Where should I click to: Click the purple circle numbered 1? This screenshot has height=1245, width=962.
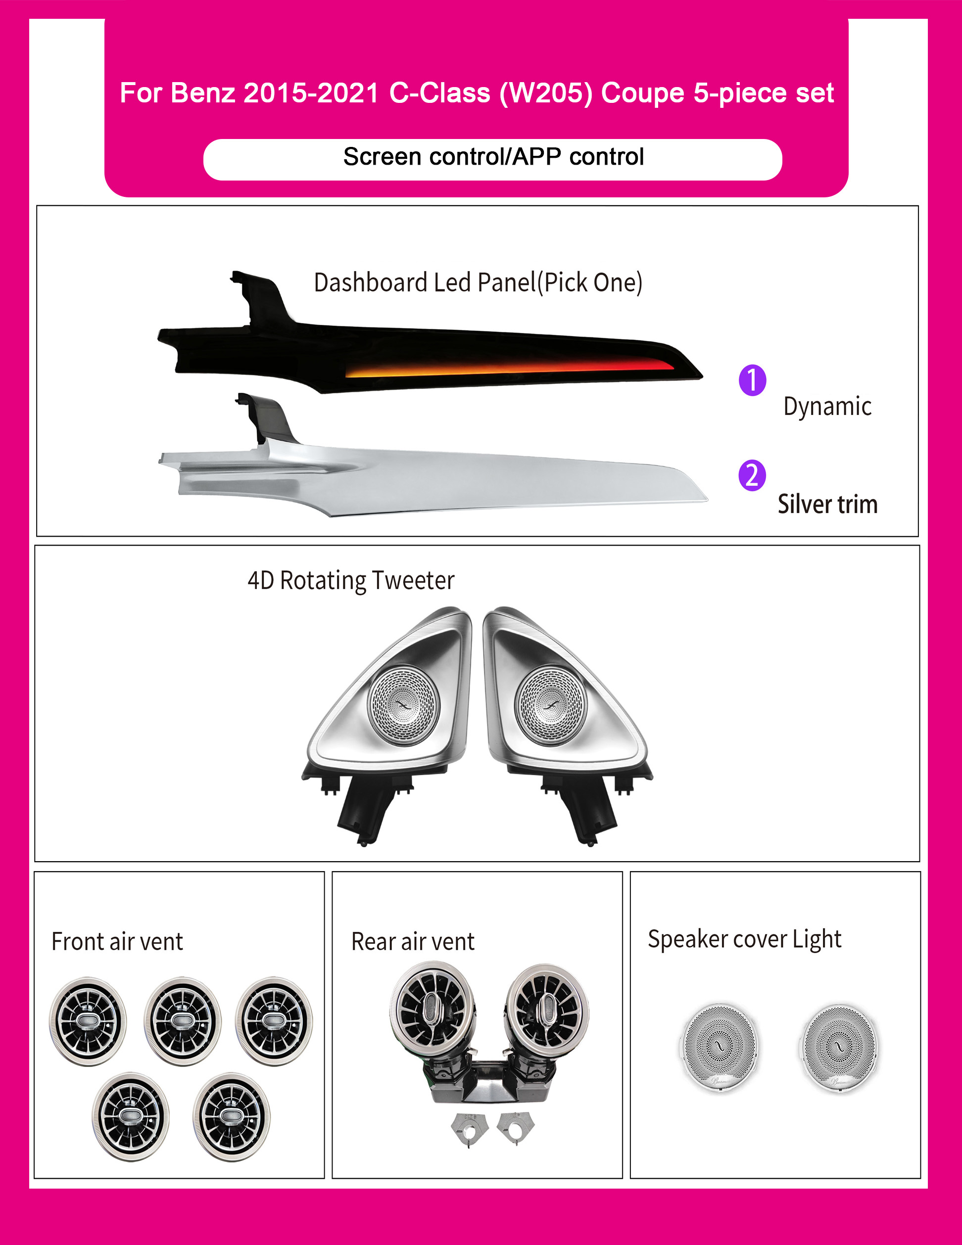point(752,380)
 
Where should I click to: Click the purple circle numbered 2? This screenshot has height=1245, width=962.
point(752,475)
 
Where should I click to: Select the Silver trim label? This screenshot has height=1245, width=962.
point(827,504)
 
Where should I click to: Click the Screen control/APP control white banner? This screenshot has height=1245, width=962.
point(493,160)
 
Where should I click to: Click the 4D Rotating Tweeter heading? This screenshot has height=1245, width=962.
point(351,581)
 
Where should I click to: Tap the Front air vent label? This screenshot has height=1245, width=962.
point(117,941)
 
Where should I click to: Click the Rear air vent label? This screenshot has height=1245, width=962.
point(413,941)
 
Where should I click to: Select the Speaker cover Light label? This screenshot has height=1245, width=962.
point(744,939)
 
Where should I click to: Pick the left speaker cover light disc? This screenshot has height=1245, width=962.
point(720,1048)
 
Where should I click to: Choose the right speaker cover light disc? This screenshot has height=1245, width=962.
point(839,1048)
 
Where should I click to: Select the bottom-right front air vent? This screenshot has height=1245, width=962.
point(231,1117)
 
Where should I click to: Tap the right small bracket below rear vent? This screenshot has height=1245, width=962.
point(515,1125)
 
